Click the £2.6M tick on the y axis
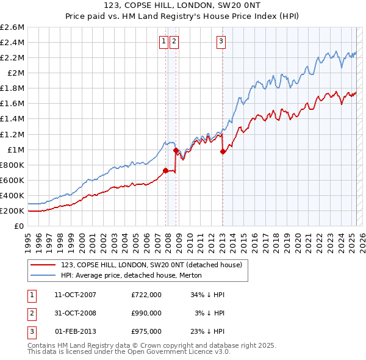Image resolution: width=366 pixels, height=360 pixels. click(x=12, y=27)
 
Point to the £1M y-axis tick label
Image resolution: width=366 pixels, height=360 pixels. click(x=15, y=149)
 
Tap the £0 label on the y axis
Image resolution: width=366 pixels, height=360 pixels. click(x=20, y=226)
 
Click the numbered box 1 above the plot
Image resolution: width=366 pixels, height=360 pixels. click(x=164, y=41)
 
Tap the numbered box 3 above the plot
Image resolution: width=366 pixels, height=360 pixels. click(x=220, y=41)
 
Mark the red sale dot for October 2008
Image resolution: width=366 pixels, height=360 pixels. click(x=176, y=150)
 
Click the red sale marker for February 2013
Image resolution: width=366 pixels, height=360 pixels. click(x=223, y=151)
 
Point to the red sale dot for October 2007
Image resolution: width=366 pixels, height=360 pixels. click(x=165, y=171)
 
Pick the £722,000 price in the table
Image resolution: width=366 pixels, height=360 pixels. click(x=146, y=295)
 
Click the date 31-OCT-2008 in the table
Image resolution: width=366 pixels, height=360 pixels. click(x=75, y=313)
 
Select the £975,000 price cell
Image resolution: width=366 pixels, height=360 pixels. click(x=146, y=331)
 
